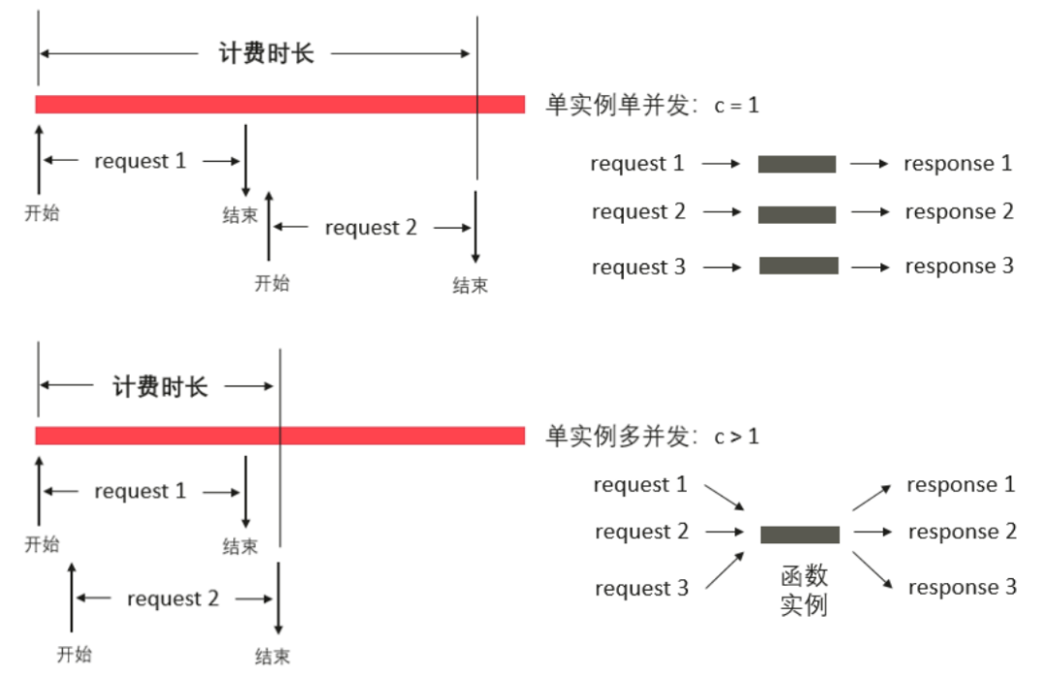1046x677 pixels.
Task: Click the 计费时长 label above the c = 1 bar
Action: click(x=266, y=52)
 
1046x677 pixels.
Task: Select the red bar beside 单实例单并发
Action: click(x=280, y=104)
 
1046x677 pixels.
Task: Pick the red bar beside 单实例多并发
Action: click(x=280, y=436)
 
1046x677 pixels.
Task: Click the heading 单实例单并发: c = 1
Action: click(x=652, y=105)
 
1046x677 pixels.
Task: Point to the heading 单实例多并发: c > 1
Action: click(x=652, y=437)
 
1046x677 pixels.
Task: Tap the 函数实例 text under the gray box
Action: click(x=804, y=591)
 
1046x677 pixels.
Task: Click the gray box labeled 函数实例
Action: click(x=799, y=535)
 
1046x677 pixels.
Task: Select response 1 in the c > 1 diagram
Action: click(x=961, y=484)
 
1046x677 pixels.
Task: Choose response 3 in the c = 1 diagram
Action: click(x=959, y=266)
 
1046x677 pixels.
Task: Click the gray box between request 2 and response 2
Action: click(x=797, y=214)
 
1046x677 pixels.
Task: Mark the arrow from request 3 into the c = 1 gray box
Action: click(x=723, y=266)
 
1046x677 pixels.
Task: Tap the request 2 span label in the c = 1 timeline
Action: click(x=370, y=228)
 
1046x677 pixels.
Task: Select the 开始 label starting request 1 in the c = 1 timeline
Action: click(x=42, y=213)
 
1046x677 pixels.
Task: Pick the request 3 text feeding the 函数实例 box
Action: click(x=641, y=588)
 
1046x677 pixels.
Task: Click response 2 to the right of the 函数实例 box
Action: click(x=962, y=531)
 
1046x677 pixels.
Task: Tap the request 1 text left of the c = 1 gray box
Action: click(x=637, y=164)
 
